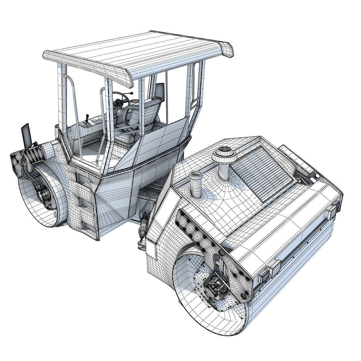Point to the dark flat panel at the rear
[26, 135]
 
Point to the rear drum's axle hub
[45, 196]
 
